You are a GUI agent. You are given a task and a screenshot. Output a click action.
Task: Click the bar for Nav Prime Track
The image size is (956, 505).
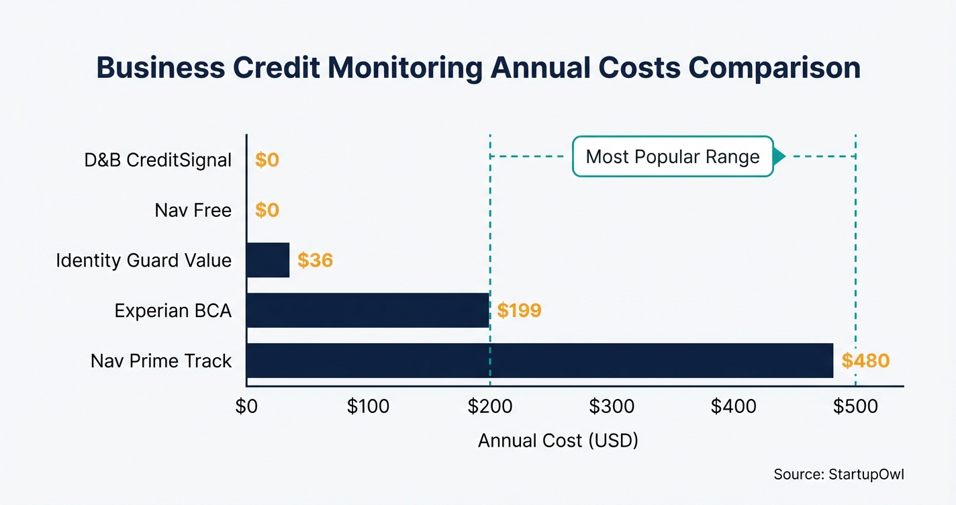(540, 361)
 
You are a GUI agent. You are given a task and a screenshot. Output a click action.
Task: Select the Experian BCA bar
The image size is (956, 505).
(368, 310)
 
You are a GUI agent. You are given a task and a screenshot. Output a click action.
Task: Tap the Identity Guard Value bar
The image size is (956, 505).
(268, 260)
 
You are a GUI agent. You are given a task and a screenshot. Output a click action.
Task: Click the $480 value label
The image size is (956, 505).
(865, 361)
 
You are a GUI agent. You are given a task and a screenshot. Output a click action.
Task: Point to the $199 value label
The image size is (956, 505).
(519, 310)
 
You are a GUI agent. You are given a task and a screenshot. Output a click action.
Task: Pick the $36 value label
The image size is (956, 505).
(315, 260)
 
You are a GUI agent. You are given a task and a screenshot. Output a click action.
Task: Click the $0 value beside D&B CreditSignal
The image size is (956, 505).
(267, 160)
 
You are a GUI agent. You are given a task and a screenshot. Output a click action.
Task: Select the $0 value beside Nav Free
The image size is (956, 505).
(267, 210)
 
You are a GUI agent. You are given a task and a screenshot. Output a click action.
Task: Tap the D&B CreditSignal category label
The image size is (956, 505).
(158, 160)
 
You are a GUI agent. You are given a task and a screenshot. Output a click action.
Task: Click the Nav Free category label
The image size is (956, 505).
(193, 210)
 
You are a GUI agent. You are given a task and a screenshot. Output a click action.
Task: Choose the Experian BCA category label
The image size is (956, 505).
(173, 310)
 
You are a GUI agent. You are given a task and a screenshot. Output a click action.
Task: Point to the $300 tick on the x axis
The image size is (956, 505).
(612, 406)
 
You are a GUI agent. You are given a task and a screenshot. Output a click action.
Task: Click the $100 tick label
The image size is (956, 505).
(368, 406)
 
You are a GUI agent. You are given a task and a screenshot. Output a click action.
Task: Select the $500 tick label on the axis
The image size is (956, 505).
(855, 406)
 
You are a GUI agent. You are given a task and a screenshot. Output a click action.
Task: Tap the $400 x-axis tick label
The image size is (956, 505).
(734, 406)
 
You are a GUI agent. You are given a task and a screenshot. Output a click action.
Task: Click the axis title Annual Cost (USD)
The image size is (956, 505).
(558, 441)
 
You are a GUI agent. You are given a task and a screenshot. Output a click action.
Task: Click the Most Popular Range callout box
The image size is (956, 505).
(673, 157)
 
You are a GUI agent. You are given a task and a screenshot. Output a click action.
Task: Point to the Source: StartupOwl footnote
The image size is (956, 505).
(839, 474)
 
